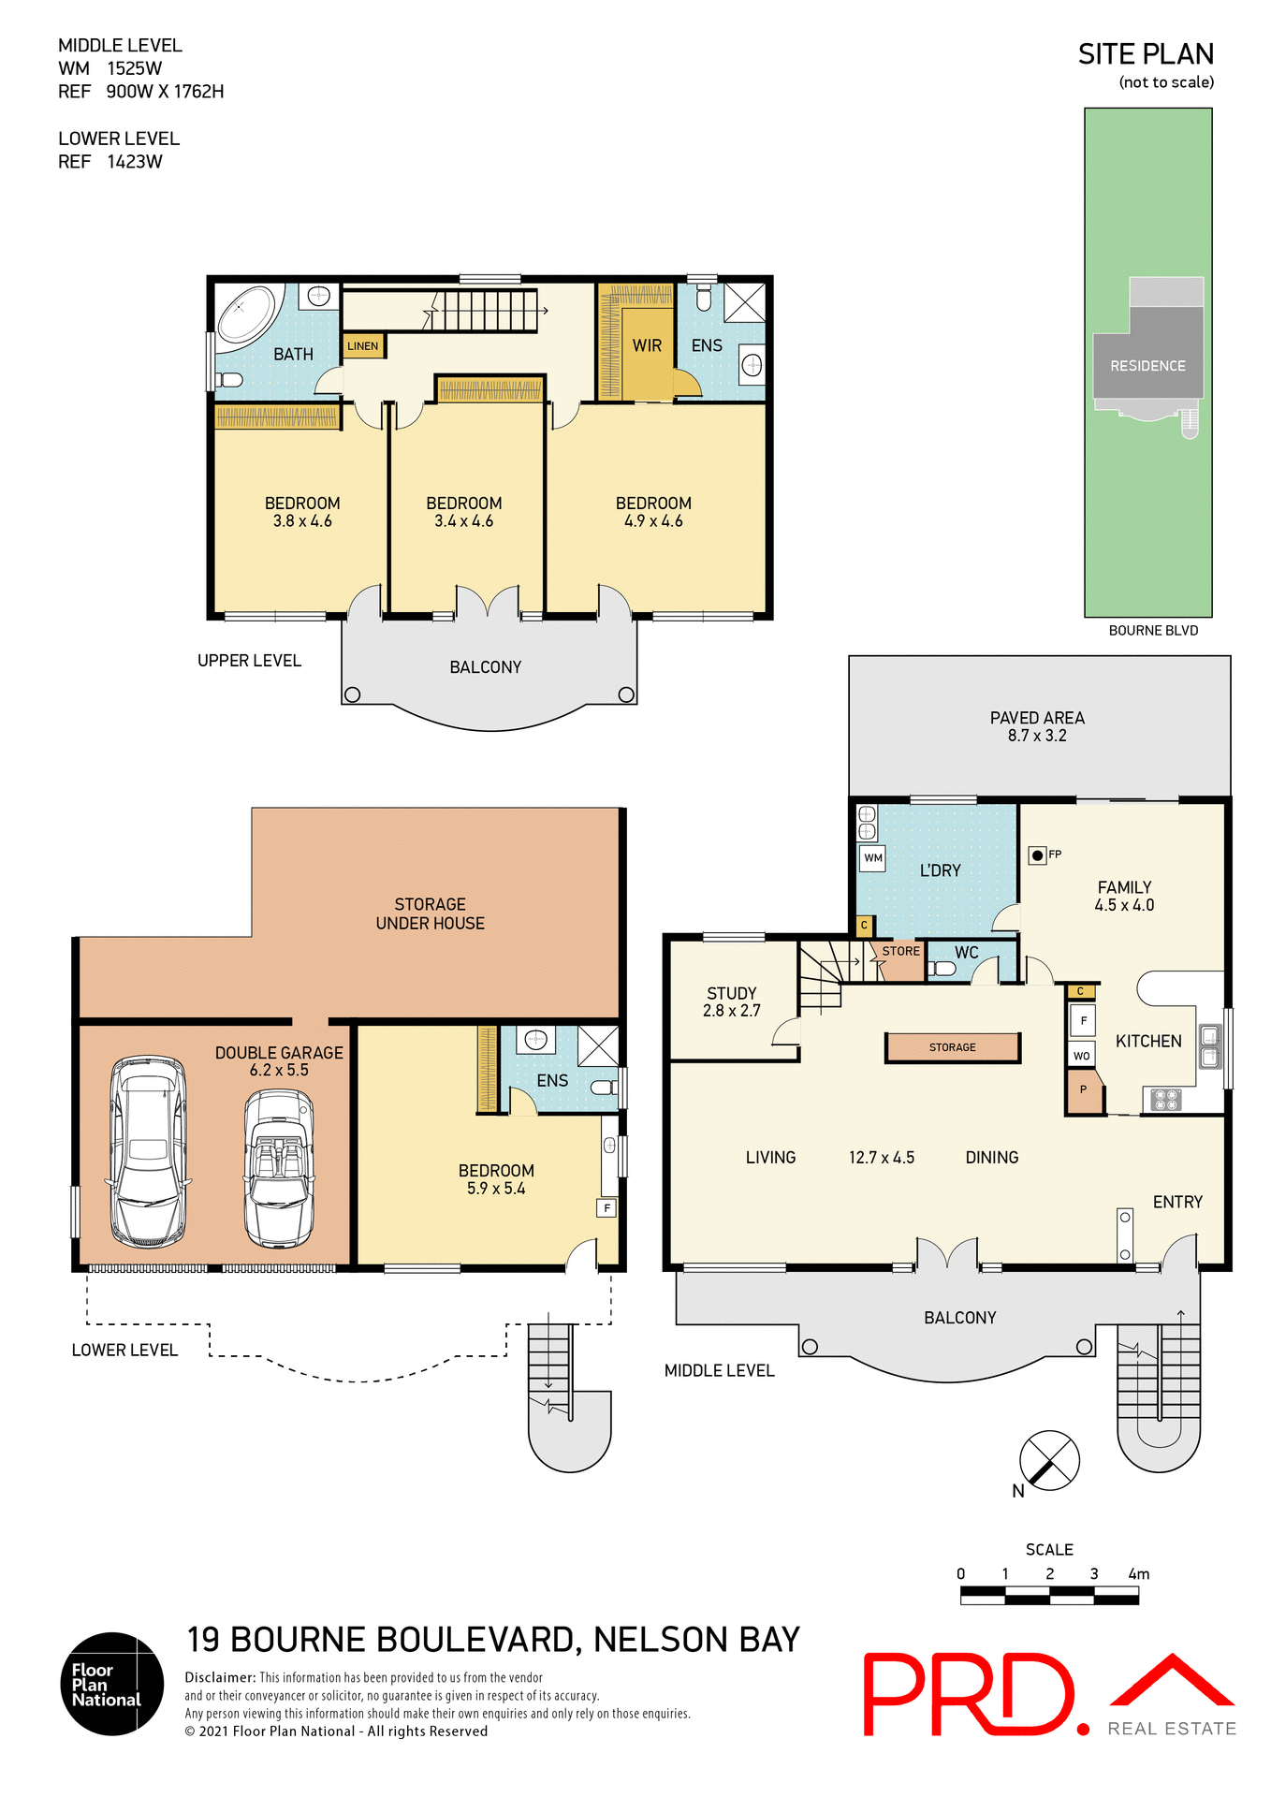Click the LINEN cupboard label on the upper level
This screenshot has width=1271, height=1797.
[363, 346]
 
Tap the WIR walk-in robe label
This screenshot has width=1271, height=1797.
[647, 346]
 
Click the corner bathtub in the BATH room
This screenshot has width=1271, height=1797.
[246, 314]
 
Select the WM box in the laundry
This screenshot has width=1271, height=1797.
[872, 857]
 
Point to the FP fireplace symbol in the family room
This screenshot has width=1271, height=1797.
[1037, 855]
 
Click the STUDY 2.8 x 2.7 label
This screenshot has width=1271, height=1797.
[732, 1001]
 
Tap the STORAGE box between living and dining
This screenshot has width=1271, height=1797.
[953, 1047]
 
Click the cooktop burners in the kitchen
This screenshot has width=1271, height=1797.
[1166, 1100]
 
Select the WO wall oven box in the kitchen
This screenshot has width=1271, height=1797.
[1081, 1056]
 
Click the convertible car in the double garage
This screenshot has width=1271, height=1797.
[279, 1168]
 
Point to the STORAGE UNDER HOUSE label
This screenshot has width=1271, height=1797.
[431, 913]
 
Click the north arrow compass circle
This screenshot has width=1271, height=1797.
[1049, 1460]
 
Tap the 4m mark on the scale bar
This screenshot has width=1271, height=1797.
[1139, 1574]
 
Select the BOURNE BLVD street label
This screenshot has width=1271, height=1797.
[1153, 631]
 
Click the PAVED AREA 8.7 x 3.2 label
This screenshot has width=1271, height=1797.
[1037, 726]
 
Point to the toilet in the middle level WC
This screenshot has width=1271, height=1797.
[941, 969]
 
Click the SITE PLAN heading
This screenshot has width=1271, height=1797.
[1146, 54]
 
